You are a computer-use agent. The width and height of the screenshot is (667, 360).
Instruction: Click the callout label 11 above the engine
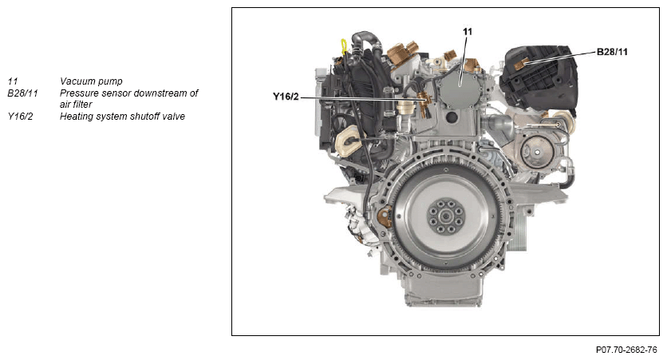coord(467,31)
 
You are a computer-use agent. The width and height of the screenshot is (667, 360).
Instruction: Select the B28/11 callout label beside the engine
coord(612,52)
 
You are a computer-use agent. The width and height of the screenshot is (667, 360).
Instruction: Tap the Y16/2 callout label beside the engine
coord(286,97)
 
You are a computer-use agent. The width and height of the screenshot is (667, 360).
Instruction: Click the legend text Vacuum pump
coord(91,81)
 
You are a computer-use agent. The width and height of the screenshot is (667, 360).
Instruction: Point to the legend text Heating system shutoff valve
coord(123,117)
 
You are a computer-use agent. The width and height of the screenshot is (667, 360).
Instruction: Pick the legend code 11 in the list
coord(13,81)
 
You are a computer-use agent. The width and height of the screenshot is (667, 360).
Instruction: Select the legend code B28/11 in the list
coord(22,93)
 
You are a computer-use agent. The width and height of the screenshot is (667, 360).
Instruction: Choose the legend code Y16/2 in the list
coord(20,117)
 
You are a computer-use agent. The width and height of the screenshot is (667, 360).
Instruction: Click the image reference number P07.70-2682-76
coord(626,350)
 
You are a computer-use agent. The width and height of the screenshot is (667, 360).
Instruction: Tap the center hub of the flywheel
coord(446,217)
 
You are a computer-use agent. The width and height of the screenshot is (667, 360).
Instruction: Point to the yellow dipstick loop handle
coord(344,46)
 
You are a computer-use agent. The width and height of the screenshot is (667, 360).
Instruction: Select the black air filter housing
coord(539,77)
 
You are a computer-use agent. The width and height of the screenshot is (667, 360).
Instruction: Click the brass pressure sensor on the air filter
coord(522,64)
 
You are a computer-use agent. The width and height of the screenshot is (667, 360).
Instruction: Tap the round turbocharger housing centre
coord(537,152)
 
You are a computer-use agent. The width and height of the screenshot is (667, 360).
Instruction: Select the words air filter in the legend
coord(76,105)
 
